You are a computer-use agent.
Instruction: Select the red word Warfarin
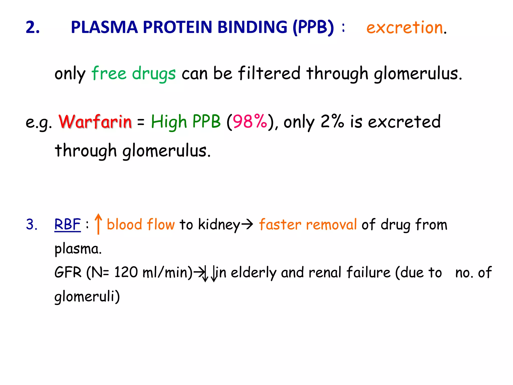click(x=95, y=122)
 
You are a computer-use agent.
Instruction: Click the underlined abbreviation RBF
click(x=67, y=224)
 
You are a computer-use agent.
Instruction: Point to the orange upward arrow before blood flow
click(x=98, y=224)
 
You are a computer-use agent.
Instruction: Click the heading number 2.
click(x=33, y=27)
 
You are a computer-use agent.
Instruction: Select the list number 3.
click(x=32, y=224)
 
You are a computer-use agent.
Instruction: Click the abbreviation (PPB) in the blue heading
click(x=313, y=27)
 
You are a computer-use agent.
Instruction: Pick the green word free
click(x=109, y=73)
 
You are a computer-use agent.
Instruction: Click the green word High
click(x=169, y=122)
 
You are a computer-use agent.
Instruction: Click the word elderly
click(x=253, y=273)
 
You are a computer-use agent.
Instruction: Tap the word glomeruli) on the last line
click(x=87, y=297)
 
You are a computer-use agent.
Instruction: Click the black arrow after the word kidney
click(x=248, y=224)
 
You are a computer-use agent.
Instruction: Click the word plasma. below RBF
click(x=78, y=249)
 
